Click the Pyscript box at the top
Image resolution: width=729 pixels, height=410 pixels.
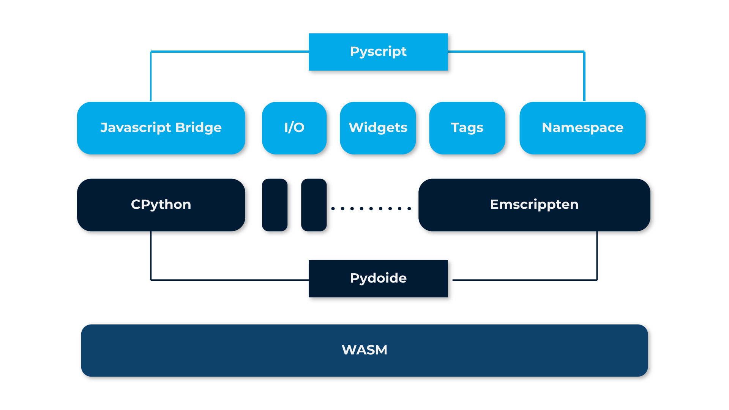tap(378, 52)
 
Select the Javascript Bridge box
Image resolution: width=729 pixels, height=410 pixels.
tap(161, 128)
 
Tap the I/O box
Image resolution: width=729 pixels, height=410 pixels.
tap(294, 128)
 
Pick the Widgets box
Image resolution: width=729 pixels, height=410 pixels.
tap(378, 128)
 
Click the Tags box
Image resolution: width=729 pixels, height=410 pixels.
tap(467, 128)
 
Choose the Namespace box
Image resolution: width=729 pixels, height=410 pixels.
tap(582, 128)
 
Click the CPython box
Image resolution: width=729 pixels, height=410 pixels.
tap(161, 205)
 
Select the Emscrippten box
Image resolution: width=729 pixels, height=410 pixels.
tap(534, 205)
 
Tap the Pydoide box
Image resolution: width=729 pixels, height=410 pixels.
tap(378, 279)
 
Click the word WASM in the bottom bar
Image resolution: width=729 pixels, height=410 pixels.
tap(364, 350)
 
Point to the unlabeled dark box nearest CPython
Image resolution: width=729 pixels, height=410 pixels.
tap(275, 205)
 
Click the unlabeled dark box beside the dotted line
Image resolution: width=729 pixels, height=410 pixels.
tap(314, 205)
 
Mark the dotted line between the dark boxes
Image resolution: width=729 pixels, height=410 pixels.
tap(371, 208)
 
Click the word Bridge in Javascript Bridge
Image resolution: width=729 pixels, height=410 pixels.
tap(198, 128)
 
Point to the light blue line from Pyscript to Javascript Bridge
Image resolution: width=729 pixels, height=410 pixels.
tap(228, 51)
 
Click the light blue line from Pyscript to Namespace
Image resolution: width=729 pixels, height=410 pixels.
tap(516, 51)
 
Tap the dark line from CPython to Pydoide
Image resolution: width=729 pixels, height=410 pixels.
tap(228, 280)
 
